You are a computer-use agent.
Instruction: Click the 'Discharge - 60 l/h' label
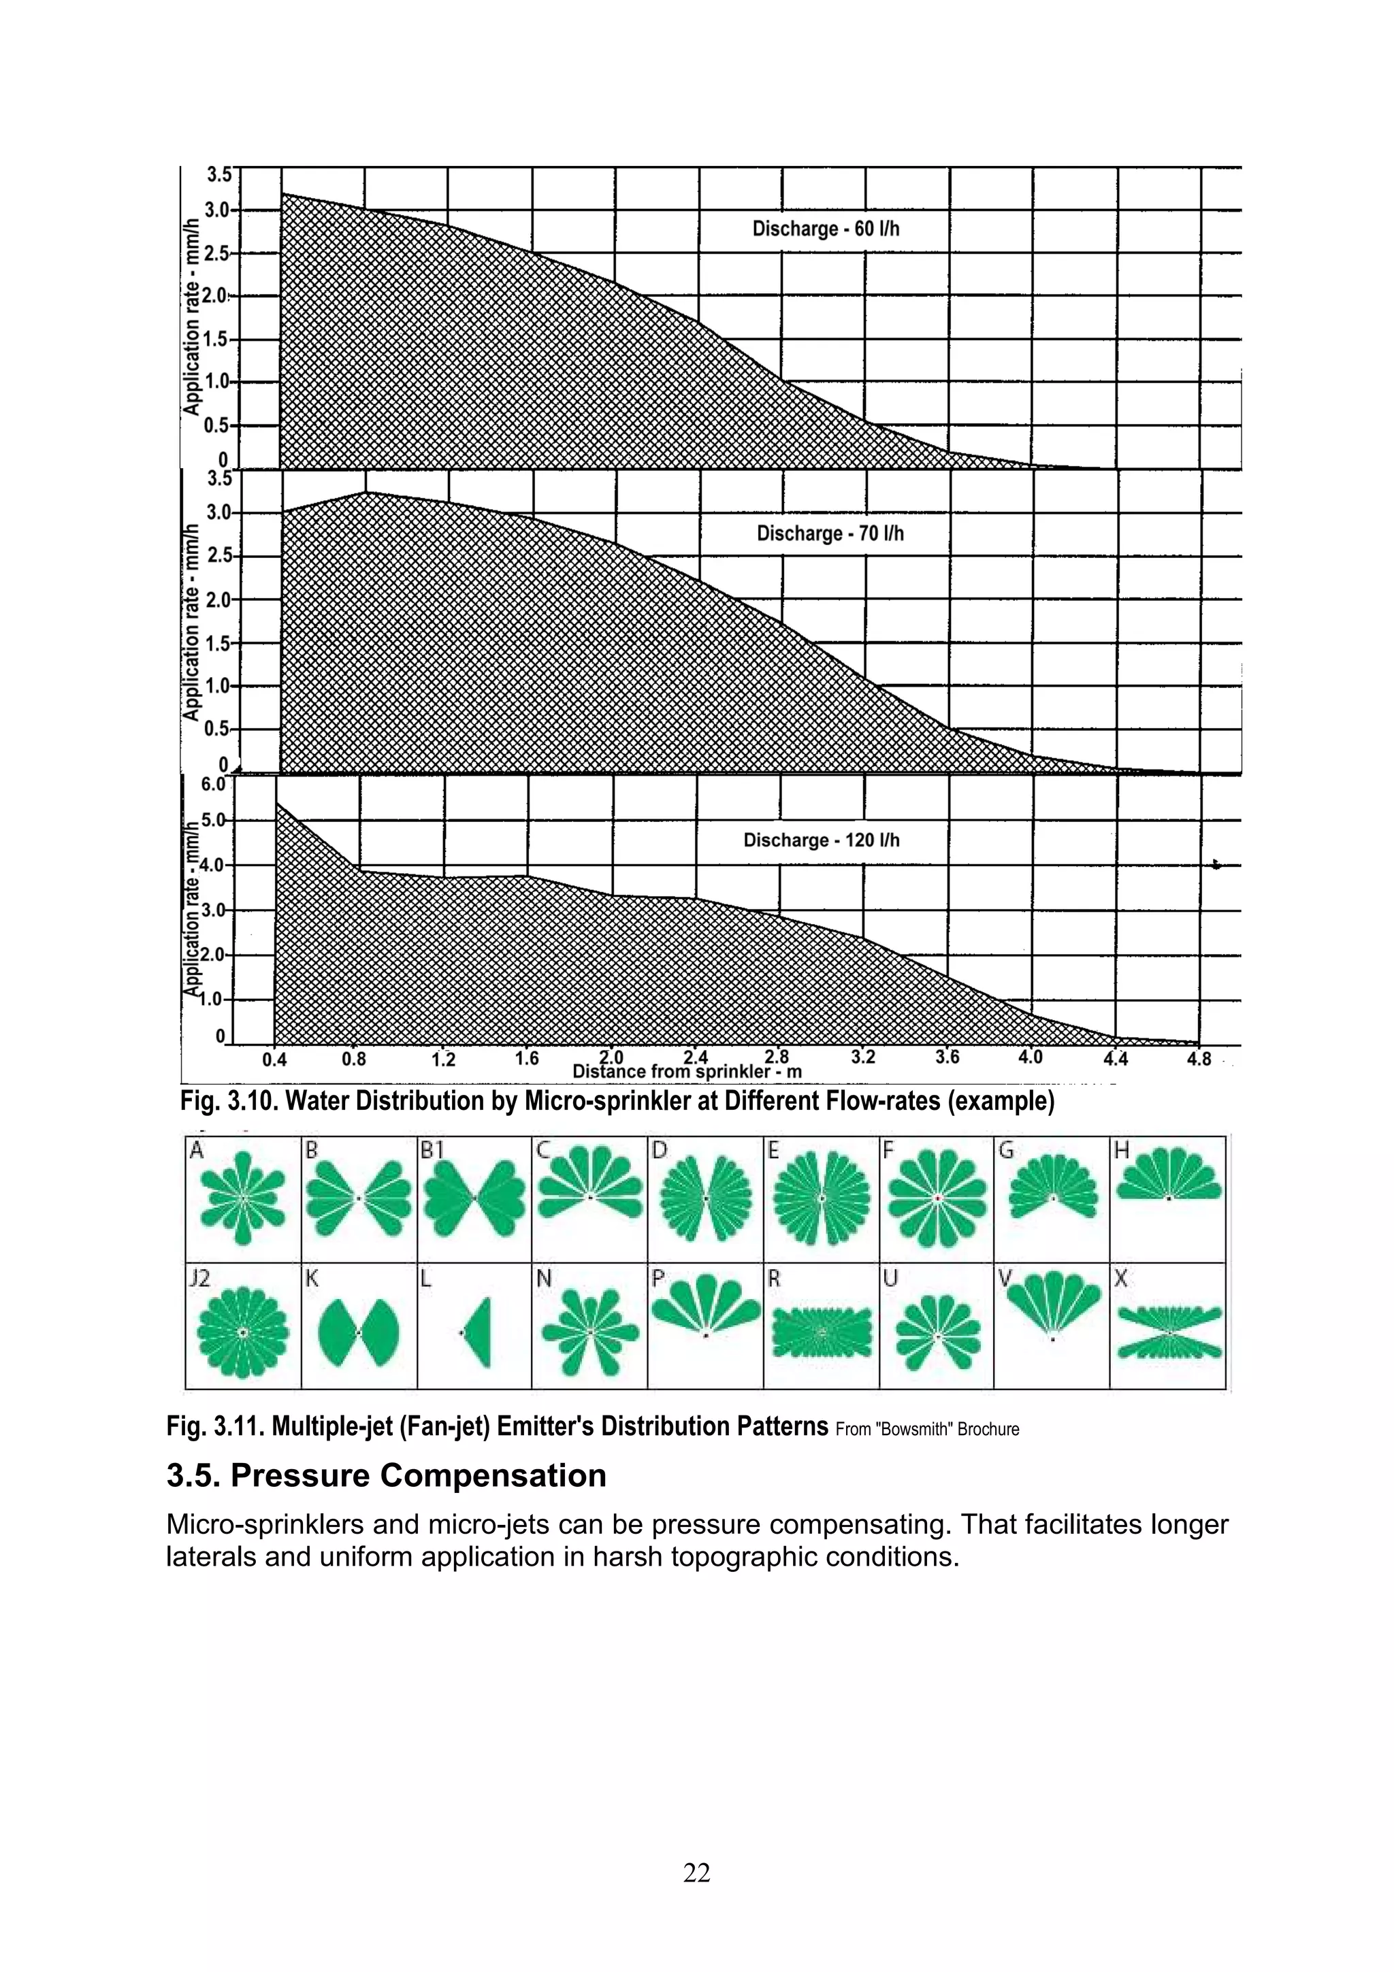(826, 229)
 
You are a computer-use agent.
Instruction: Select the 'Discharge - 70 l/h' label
(830, 533)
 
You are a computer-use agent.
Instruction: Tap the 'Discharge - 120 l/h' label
(821, 840)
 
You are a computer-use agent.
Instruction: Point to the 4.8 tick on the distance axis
(1199, 1059)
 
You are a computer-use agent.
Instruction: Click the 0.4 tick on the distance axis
(274, 1060)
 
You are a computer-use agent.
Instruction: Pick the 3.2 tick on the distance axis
(863, 1057)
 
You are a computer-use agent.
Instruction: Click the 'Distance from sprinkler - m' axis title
(686, 1072)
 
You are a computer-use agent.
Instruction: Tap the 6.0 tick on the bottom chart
(213, 784)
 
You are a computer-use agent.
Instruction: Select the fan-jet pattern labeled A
(243, 1198)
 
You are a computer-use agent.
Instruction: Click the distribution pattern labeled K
(358, 1332)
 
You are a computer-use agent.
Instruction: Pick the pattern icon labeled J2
(243, 1332)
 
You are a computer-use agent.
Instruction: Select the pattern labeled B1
(474, 1198)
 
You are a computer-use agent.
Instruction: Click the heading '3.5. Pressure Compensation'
(387, 1475)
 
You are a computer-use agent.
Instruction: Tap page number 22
(696, 1873)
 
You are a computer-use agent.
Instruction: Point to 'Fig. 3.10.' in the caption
(229, 1101)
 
